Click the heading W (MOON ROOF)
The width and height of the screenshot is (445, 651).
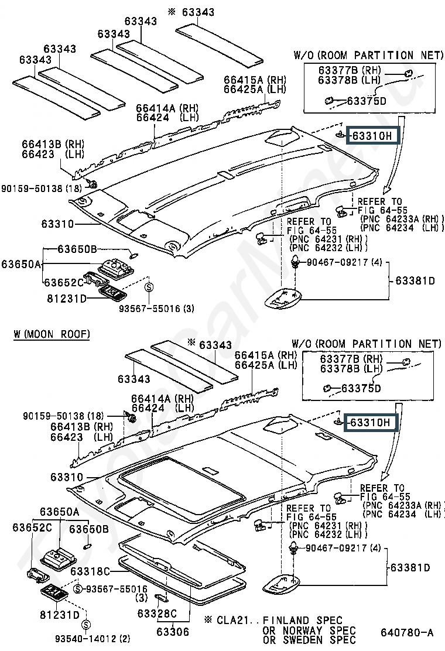(52, 334)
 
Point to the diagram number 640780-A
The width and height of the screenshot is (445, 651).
(408, 632)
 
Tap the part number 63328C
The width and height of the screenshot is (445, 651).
(157, 613)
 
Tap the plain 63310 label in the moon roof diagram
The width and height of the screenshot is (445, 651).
(67, 477)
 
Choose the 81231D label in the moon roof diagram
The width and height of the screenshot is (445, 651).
(60, 615)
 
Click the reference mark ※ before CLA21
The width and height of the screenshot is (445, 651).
(208, 620)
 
